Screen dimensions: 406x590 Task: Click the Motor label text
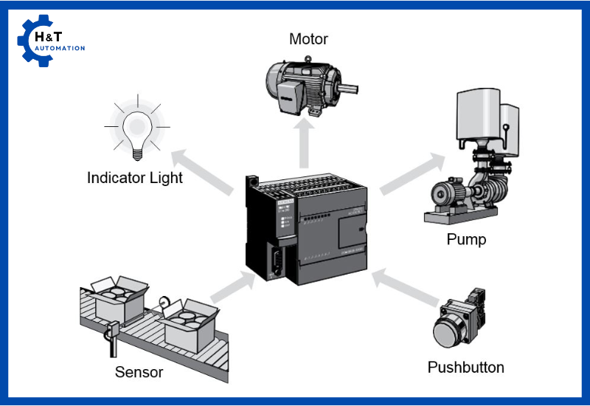(308, 38)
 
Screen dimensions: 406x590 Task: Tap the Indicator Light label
(135, 178)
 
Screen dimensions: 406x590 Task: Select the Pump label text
(466, 239)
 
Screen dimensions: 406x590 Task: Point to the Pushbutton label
(466, 367)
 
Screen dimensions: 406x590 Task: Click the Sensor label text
(139, 371)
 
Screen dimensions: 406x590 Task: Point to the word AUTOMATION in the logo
(65, 48)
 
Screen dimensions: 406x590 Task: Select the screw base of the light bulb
(136, 153)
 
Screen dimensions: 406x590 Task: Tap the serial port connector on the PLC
(275, 262)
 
